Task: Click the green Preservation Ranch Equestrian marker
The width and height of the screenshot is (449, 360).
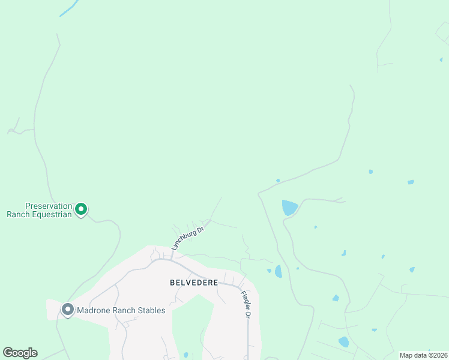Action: click(81, 209)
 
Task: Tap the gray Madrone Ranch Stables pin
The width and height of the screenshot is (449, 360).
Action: click(67, 310)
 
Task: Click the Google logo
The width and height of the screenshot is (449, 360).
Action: click(20, 353)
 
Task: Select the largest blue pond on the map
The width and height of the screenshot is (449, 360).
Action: click(289, 208)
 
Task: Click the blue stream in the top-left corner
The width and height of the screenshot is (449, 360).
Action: click(69, 8)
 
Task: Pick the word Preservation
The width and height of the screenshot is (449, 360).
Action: click(48, 205)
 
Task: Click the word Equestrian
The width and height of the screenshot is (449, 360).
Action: click(51, 214)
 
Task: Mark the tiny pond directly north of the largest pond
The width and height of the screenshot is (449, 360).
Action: click(278, 180)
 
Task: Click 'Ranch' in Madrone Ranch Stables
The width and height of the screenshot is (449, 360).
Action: click(124, 310)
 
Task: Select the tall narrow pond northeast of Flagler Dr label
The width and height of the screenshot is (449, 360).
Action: click(278, 271)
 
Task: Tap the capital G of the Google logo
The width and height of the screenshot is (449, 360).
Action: click(8, 353)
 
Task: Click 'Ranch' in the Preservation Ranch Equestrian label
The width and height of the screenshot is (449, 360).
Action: click(19, 214)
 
